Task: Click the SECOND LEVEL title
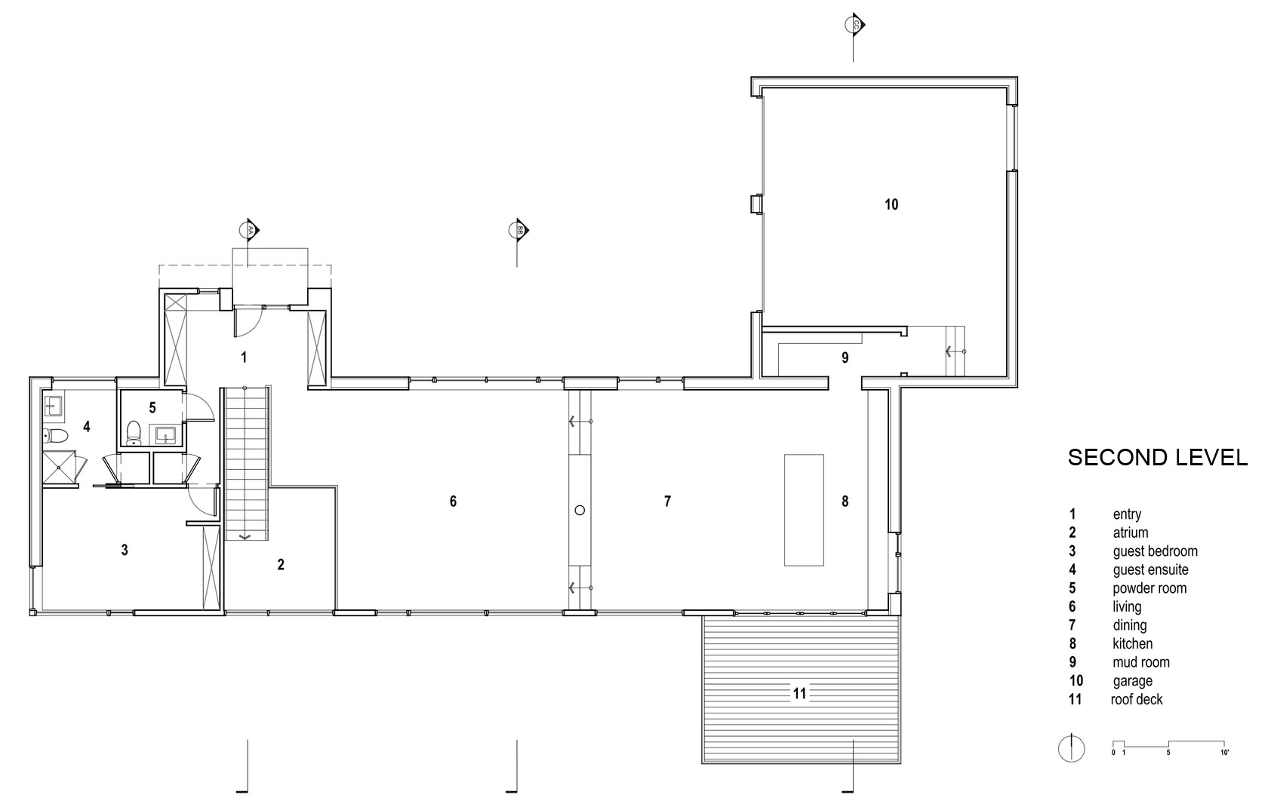(1158, 458)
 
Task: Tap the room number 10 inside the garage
(891, 204)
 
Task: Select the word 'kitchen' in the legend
(1133, 644)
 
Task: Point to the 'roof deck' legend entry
(1137, 699)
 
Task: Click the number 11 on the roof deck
(799, 693)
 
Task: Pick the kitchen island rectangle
(804, 510)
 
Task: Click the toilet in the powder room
(134, 433)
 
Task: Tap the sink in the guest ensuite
(54, 407)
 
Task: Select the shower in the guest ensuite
(60, 468)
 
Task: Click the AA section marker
(249, 230)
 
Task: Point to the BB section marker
(519, 230)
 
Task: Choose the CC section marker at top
(854, 24)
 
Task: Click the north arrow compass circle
(1071, 749)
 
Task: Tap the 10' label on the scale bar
(1224, 753)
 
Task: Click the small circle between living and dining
(580, 510)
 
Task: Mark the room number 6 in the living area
(453, 501)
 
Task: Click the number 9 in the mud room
(845, 357)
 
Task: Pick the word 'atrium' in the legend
(1131, 532)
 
